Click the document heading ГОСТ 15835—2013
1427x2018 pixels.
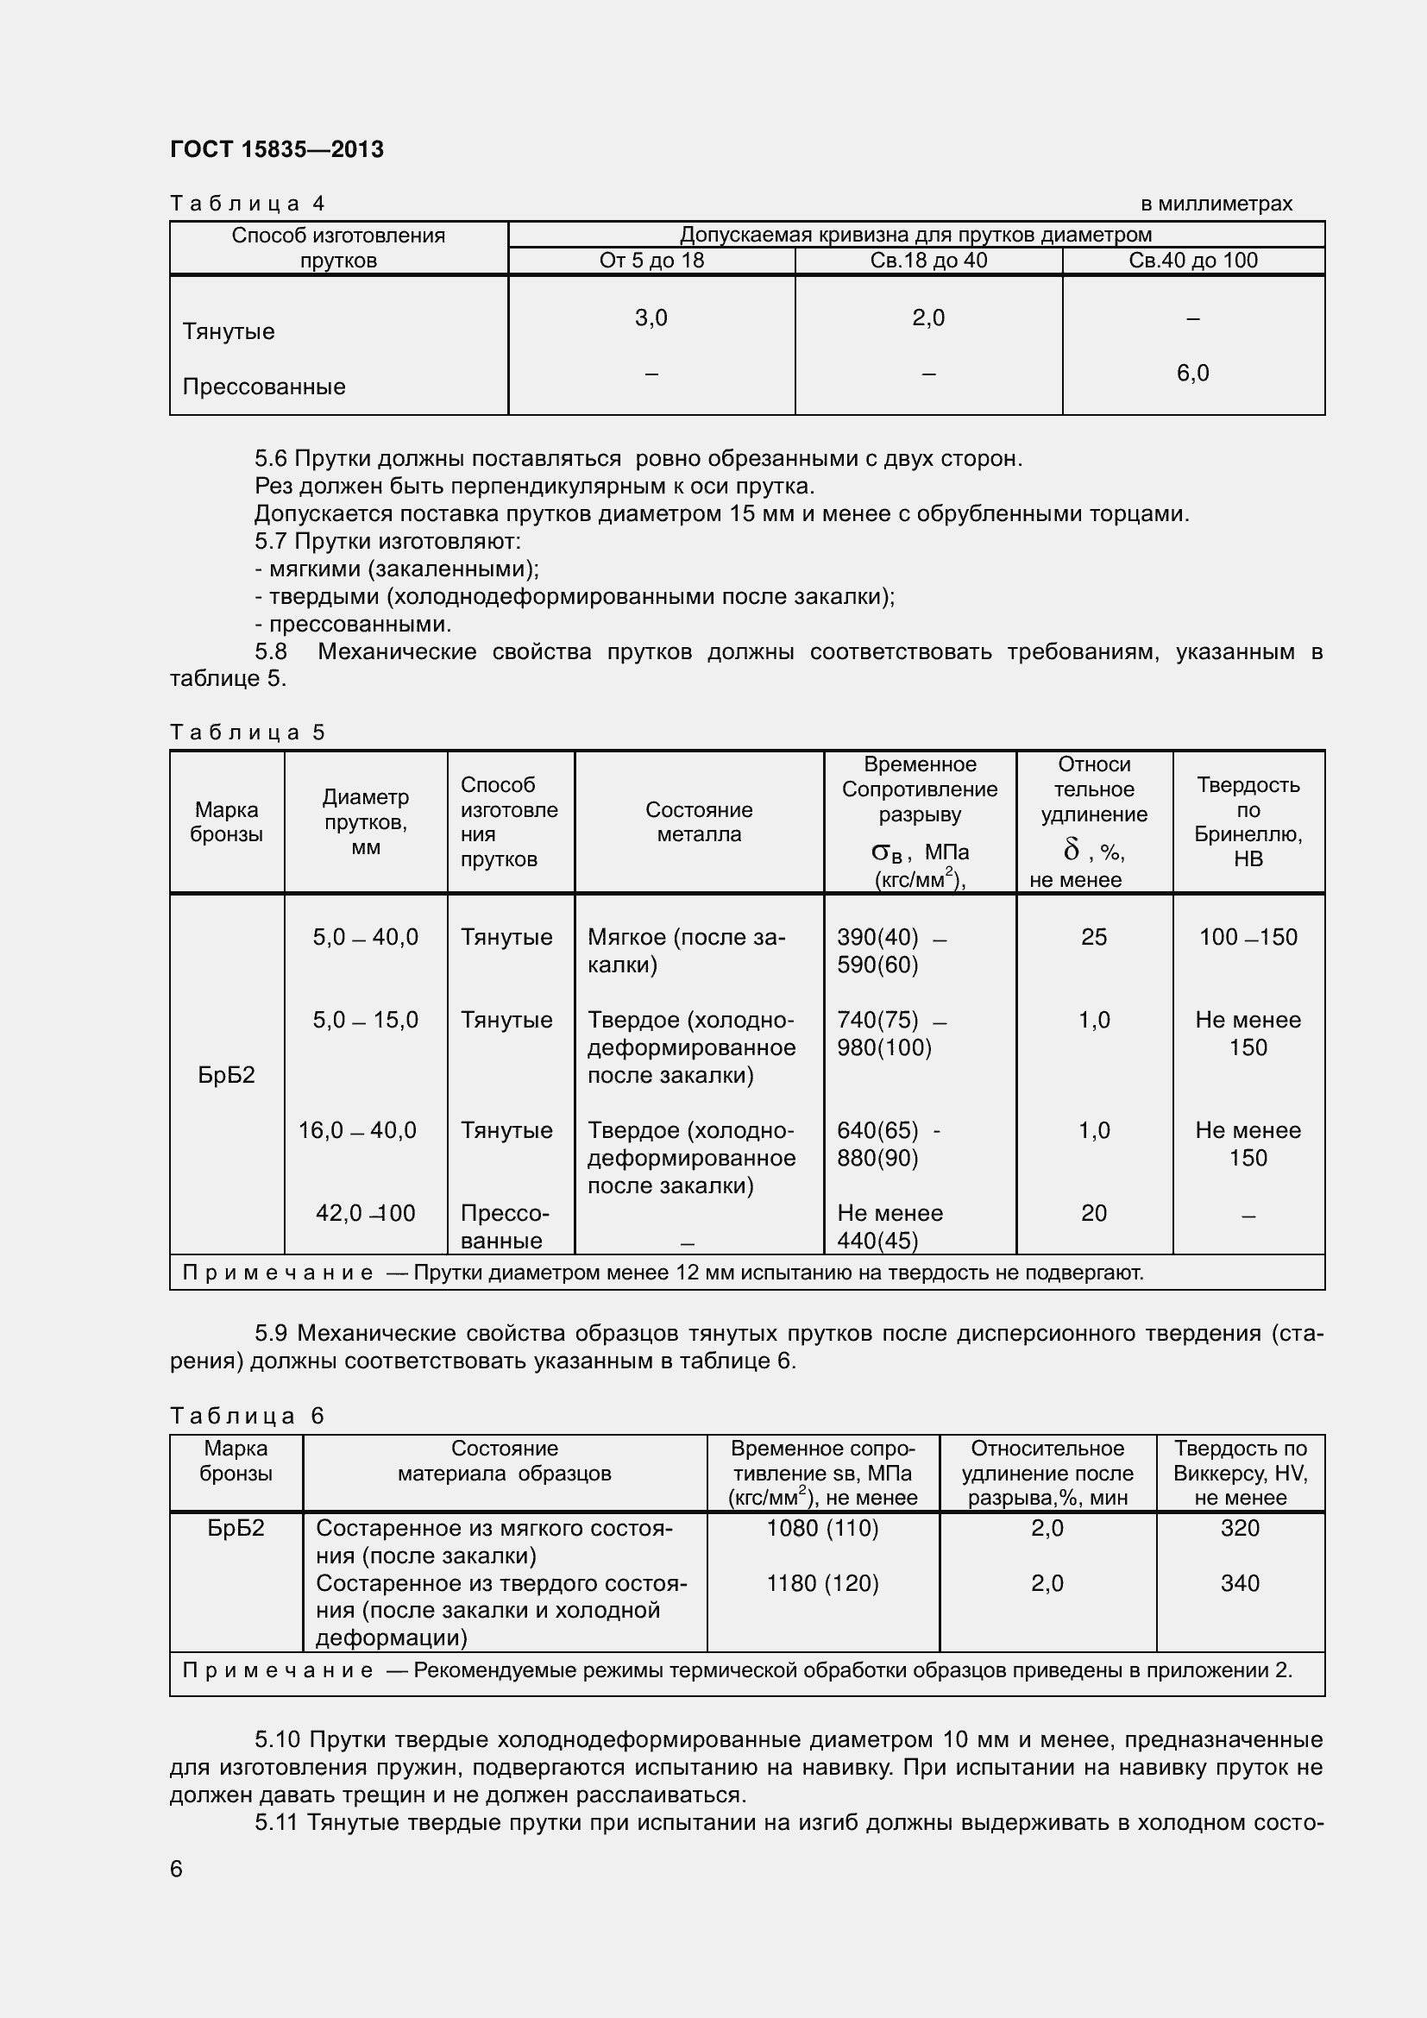click(x=277, y=149)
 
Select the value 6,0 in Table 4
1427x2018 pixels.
click(x=1192, y=374)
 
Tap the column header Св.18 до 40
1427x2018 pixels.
click(x=928, y=261)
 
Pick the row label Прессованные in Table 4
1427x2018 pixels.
click(x=264, y=387)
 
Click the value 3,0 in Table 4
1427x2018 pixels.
click(x=651, y=318)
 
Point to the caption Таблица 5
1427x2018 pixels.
click(x=247, y=732)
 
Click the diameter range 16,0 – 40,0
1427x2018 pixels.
click(x=357, y=1130)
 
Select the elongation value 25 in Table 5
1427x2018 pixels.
click(x=1093, y=937)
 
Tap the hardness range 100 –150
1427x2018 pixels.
click(x=1248, y=937)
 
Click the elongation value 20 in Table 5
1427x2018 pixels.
click(x=1093, y=1213)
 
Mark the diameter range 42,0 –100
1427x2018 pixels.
click(x=365, y=1213)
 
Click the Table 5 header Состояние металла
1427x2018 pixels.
click(x=699, y=822)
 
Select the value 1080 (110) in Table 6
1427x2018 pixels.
click(x=822, y=1528)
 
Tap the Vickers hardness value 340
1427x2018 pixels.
click(x=1239, y=1583)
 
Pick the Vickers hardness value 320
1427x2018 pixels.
click(x=1239, y=1528)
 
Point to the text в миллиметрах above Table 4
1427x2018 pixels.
click(x=1216, y=204)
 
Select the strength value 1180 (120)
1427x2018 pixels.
click(x=822, y=1583)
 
